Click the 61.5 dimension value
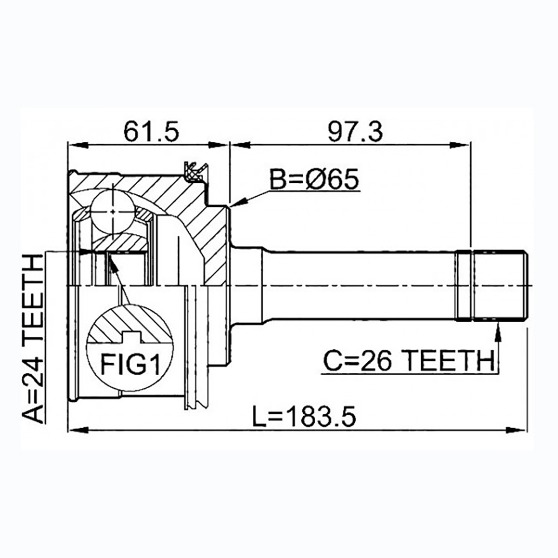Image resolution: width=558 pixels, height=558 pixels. [x=151, y=132]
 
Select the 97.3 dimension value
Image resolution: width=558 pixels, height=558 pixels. [x=355, y=132]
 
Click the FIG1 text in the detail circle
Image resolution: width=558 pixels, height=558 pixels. [x=130, y=364]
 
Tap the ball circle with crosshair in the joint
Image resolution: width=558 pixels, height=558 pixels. [x=113, y=212]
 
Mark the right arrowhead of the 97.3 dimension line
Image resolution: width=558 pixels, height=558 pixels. [x=460, y=145]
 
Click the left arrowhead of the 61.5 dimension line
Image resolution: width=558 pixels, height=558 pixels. [x=78, y=145]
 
